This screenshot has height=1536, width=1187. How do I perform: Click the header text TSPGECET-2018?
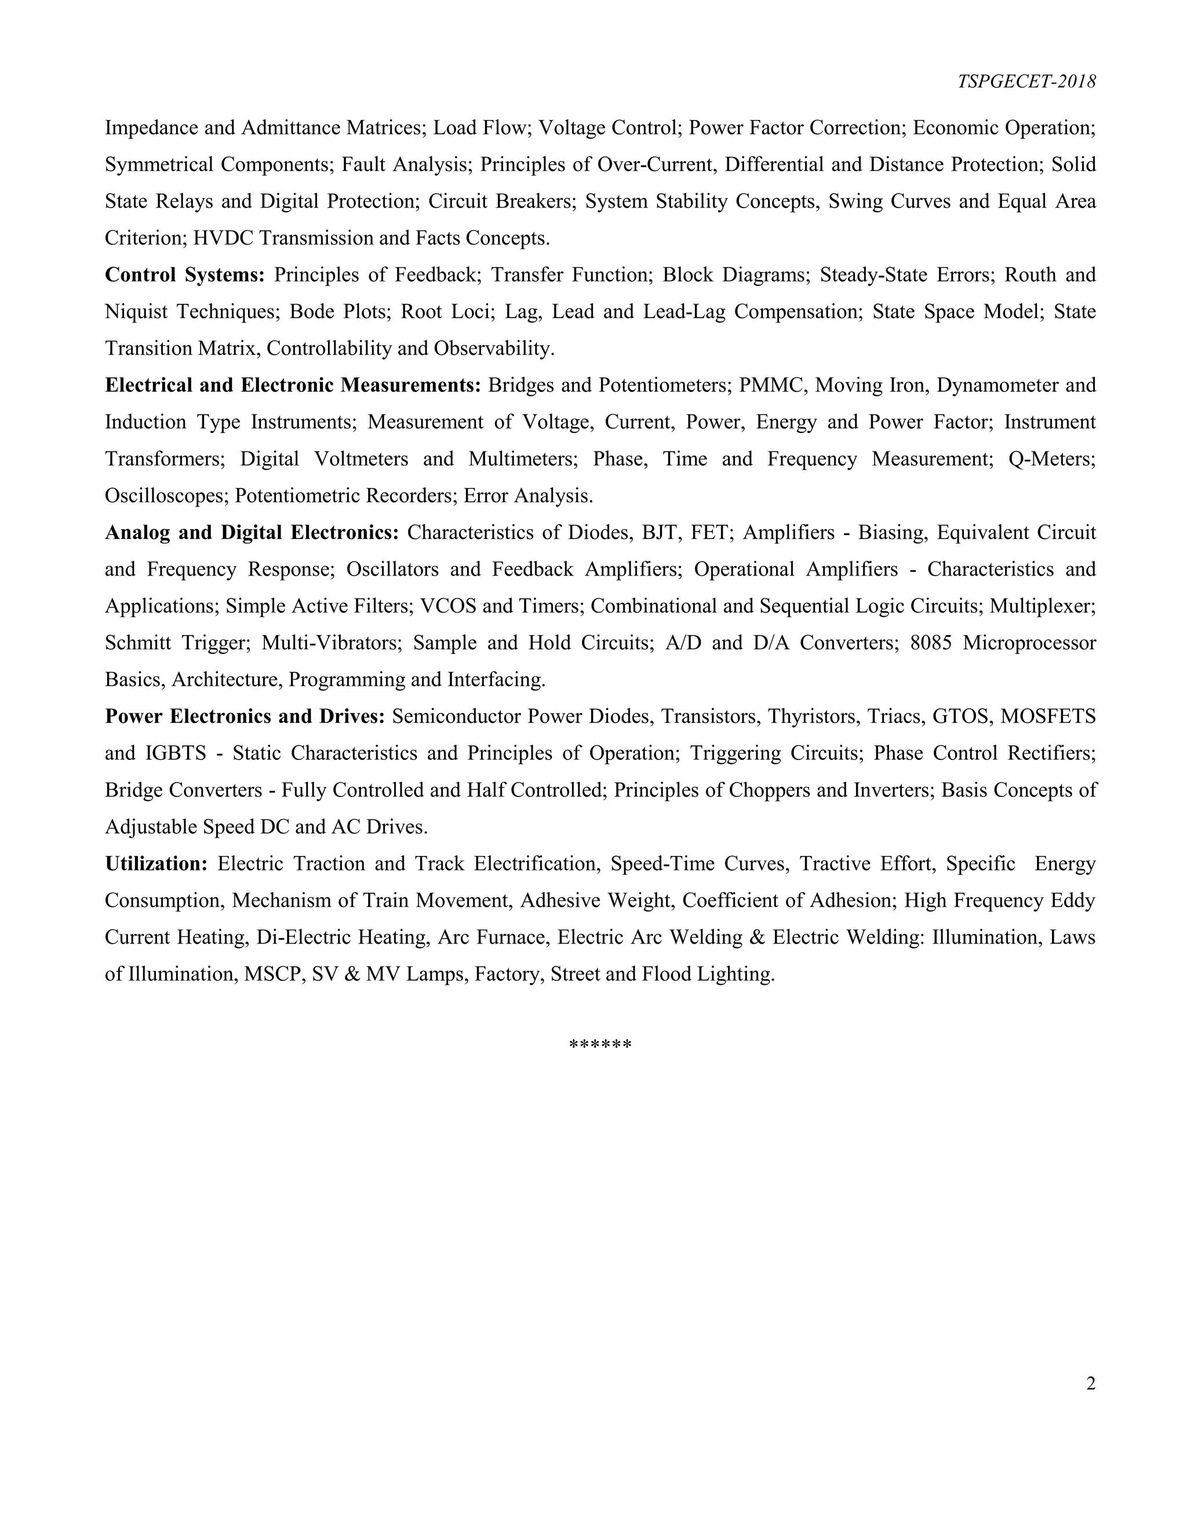1026,82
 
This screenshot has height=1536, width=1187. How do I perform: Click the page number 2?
1090,1384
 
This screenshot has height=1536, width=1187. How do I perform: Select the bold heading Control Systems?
184,275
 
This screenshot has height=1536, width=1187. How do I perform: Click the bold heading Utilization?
156,864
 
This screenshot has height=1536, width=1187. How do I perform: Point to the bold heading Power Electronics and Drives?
245,716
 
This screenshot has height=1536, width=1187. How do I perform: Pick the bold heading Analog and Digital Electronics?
252,533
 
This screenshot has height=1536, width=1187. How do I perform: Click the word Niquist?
136,312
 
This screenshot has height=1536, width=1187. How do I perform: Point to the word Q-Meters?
1051,459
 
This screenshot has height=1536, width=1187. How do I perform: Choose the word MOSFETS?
1048,716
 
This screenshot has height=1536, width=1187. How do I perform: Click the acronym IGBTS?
176,754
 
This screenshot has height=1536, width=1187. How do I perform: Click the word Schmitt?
136,643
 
